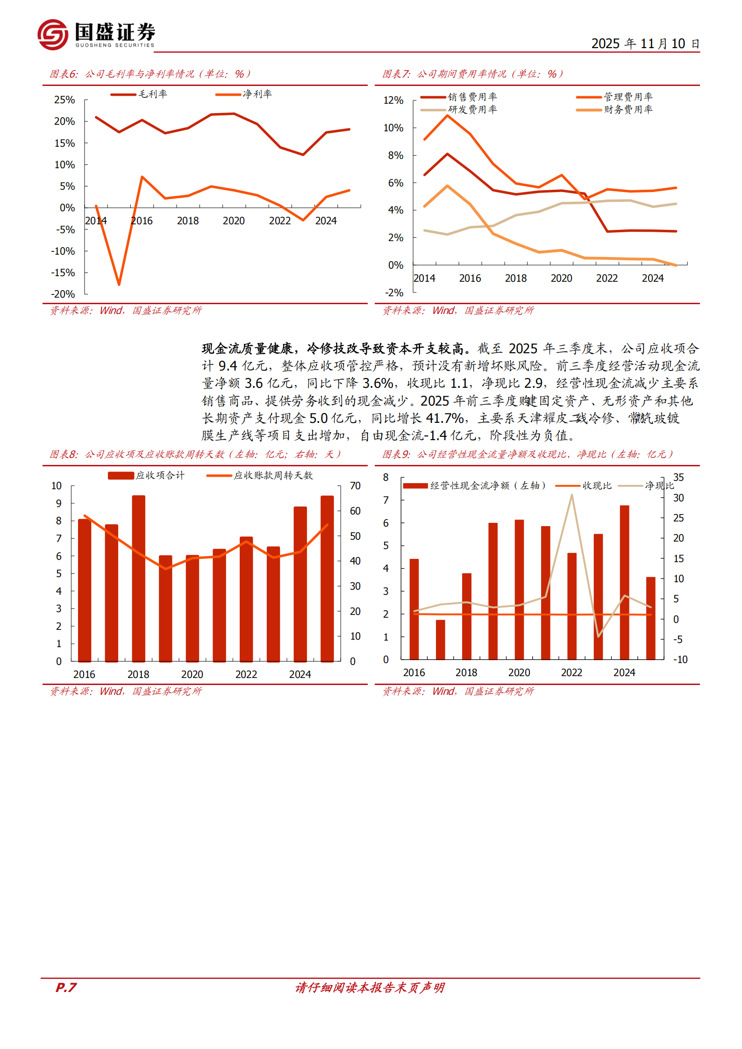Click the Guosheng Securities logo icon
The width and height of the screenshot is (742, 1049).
pyautogui.click(x=53, y=35)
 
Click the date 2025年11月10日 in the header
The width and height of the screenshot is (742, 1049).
pyautogui.click(x=645, y=43)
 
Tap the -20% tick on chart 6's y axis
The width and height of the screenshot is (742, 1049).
pyautogui.click(x=63, y=294)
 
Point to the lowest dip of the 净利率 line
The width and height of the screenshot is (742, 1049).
pyautogui.click(x=119, y=284)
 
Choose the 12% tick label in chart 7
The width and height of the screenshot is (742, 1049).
pyautogui.click(x=393, y=100)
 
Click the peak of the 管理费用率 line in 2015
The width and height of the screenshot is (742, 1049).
pyautogui.click(x=448, y=115)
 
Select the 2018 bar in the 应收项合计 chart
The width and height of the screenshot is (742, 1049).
pyautogui.click(x=138, y=578)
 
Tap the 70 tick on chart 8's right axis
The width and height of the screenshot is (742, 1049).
pyautogui.click(x=355, y=486)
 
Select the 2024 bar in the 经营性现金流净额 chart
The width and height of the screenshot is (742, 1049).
pyautogui.click(x=624, y=582)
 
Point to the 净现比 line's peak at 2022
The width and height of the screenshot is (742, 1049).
pyautogui.click(x=571, y=495)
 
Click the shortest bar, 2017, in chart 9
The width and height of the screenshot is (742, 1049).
pyautogui.click(x=440, y=639)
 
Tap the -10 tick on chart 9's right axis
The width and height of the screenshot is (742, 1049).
pyautogui.click(x=680, y=660)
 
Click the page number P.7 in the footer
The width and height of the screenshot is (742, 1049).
pyautogui.click(x=66, y=987)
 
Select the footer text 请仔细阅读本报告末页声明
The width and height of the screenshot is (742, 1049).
pyautogui.click(x=370, y=987)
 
